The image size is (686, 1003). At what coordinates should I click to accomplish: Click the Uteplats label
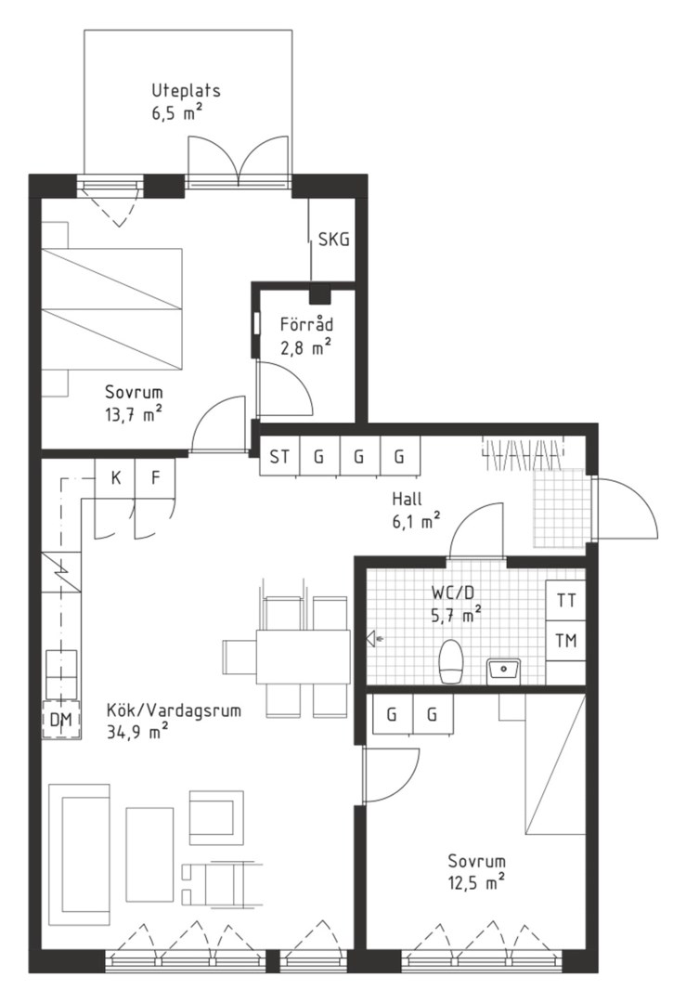tap(186, 90)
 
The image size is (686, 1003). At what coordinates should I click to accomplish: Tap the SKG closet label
tap(334, 240)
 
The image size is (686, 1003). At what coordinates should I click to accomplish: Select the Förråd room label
tap(306, 324)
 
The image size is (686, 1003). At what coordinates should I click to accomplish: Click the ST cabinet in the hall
tap(279, 456)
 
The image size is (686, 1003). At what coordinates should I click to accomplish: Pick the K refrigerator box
tap(116, 478)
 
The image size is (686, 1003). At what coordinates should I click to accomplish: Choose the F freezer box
tap(155, 478)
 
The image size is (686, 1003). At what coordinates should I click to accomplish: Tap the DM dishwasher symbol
tap(60, 721)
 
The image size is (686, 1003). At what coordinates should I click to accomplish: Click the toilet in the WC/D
tap(451, 661)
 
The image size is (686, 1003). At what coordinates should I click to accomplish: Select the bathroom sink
tap(504, 671)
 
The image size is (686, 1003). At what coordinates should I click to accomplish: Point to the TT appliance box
tap(566, 601)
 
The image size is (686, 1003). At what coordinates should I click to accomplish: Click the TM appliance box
tap(566, 640)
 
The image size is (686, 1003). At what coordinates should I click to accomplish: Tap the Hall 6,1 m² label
tap(416, 510)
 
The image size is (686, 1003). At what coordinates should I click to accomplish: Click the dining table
tap(303, 657)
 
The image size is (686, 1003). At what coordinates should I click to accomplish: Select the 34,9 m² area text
tap(138, 730)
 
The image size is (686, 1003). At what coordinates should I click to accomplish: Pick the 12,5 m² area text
tap(476, 882)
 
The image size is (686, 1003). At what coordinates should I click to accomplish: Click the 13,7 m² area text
tap(133, 414)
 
